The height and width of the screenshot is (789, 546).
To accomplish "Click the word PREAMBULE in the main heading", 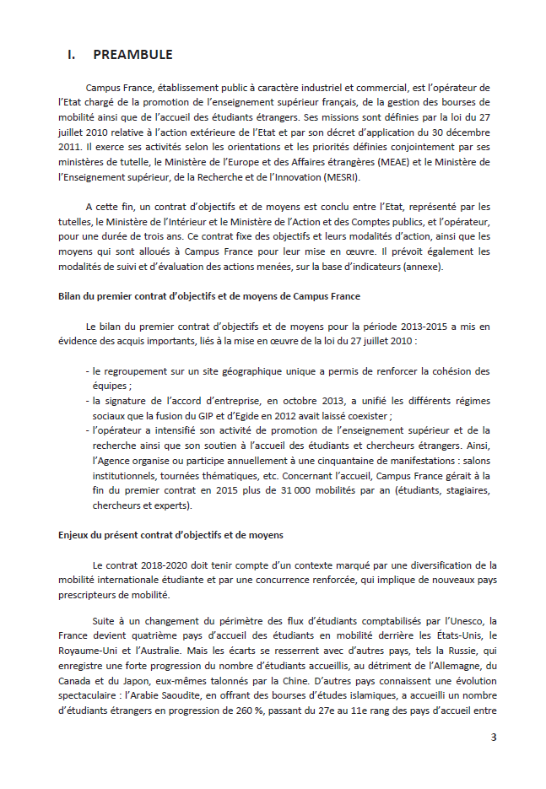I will pos(132,55).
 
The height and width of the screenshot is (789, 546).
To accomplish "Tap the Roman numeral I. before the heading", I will pos(73,55).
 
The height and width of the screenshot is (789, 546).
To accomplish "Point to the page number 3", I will pos(494,738).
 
